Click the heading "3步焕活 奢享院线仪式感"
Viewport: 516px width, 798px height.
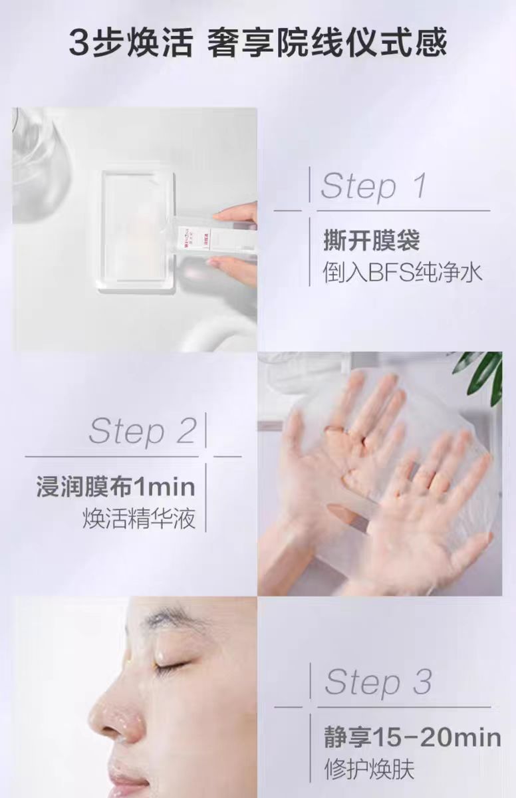point(257,43)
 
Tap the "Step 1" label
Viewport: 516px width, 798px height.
point(374,186)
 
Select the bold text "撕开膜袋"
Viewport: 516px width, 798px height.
point(372,241)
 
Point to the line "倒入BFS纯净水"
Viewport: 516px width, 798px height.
point(403,273)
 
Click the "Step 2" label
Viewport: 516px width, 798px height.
point(142,432)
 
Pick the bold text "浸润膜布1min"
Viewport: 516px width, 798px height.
point(116,487)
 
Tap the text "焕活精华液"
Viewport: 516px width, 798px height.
point(139,519)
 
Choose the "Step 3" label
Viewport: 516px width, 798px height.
point(378,682)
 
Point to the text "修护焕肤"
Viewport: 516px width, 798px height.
point(369,769)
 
